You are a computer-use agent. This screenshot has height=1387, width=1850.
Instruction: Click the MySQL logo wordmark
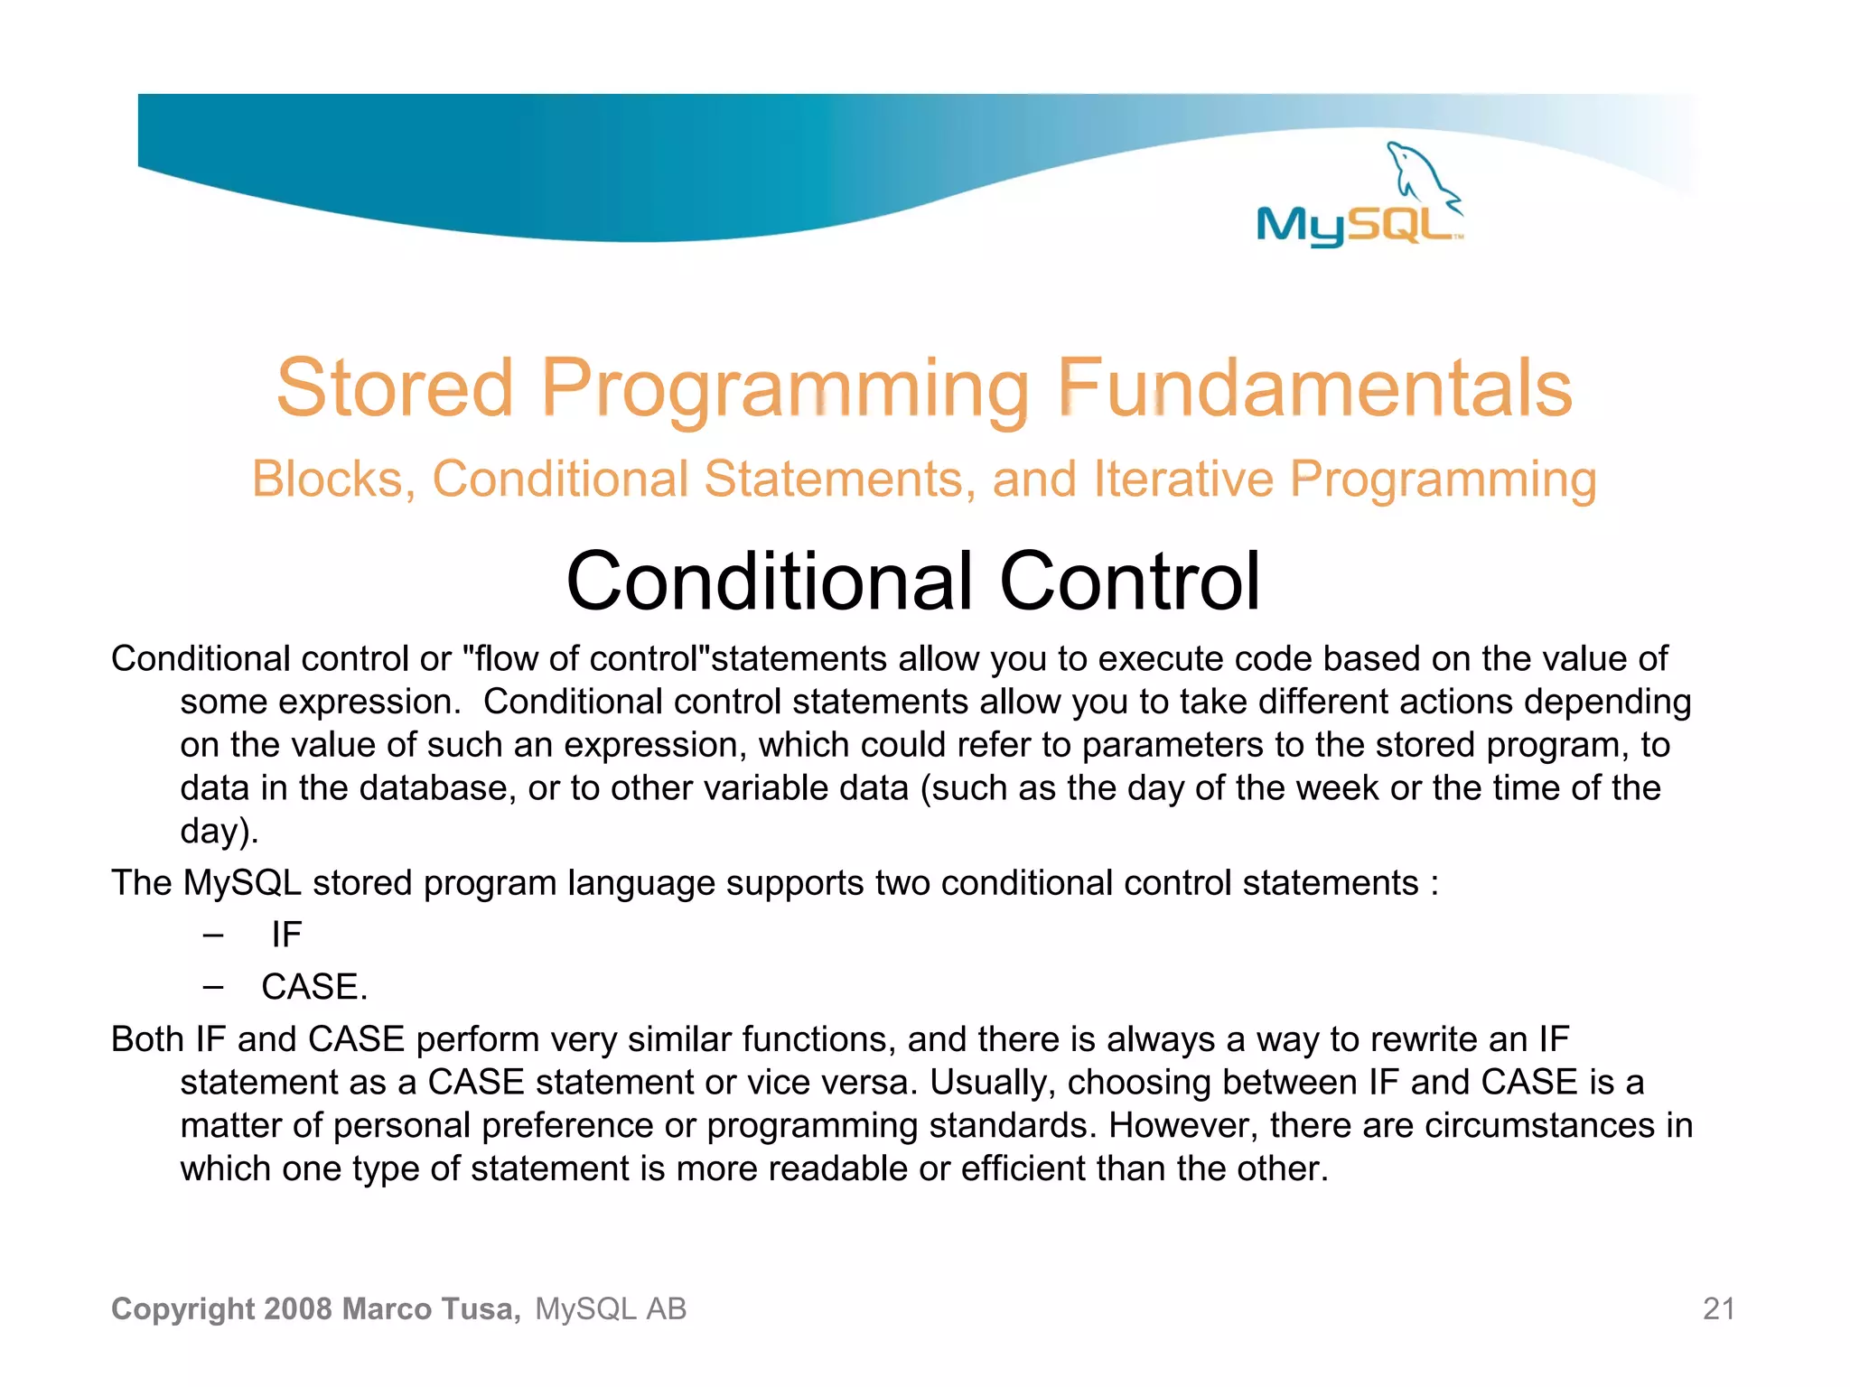pyautogui.click(x=1354, y=225)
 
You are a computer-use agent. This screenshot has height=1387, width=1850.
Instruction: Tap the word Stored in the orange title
pyautogui.click(x=395, y=387)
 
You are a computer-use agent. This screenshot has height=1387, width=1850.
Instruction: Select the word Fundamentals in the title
pyautogui.click(x=1314, y=387)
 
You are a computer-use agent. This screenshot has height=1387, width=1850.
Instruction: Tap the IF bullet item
pyautogui.click(x=286, y=935)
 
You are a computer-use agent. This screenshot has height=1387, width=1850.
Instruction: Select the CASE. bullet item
pyautogui.click(x=314, y=987)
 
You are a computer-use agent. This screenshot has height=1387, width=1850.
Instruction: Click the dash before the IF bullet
pyautogui.click(x=213, y=935)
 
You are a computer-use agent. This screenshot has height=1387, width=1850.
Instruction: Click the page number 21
pyautogui.click(x=1718, y=1308)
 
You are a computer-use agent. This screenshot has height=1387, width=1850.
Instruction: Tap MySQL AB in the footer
pyautogui.click(x=611, y=1308)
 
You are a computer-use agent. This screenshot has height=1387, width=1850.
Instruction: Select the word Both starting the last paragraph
pyautogui.click(x=147, y=1039)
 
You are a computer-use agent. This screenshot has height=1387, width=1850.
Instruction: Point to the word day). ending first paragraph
pyautogui.click(x=220, y=832)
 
